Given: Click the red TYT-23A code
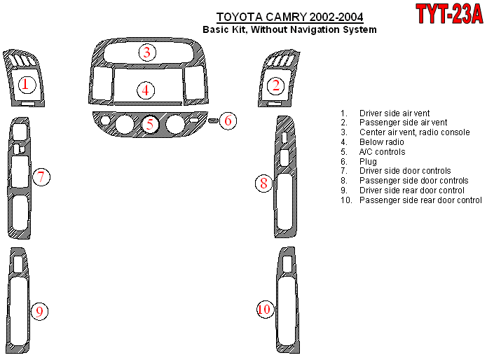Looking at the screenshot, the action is pos(449,14).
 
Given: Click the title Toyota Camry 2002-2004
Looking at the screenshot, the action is pos(290,17).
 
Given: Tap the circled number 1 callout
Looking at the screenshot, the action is pos(27,85).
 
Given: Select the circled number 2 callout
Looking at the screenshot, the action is pos(276,85).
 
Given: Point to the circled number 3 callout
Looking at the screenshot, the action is pos(147,52).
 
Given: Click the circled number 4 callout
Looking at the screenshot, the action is pos(146,90).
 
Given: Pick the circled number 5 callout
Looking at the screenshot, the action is pos(150,125).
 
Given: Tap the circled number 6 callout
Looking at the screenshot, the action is pos(228,120).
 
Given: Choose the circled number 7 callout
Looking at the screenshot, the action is pos(41,177).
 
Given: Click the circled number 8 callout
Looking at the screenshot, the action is pos(263,183).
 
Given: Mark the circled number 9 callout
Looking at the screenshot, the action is pos(39,311).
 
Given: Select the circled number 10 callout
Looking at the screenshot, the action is pos(265,309).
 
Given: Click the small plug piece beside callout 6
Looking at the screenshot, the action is pos(214,120).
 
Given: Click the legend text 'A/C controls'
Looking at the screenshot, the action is pos(382,152).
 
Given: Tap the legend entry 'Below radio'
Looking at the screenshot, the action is pos(382,141).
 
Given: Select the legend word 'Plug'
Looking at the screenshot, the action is pos(368,162).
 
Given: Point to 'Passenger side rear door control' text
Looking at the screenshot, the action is pos(420,200).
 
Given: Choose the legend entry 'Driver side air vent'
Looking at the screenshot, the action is pos(395,113).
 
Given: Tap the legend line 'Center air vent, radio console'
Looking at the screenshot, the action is pos(415,132).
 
